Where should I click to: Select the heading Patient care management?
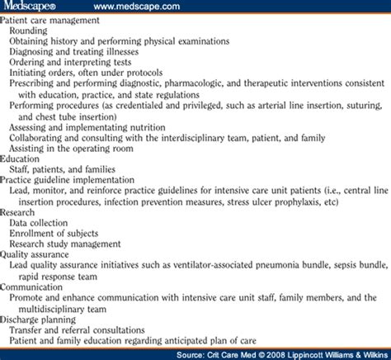click(51, 21)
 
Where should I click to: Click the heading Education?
click(22, 160)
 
